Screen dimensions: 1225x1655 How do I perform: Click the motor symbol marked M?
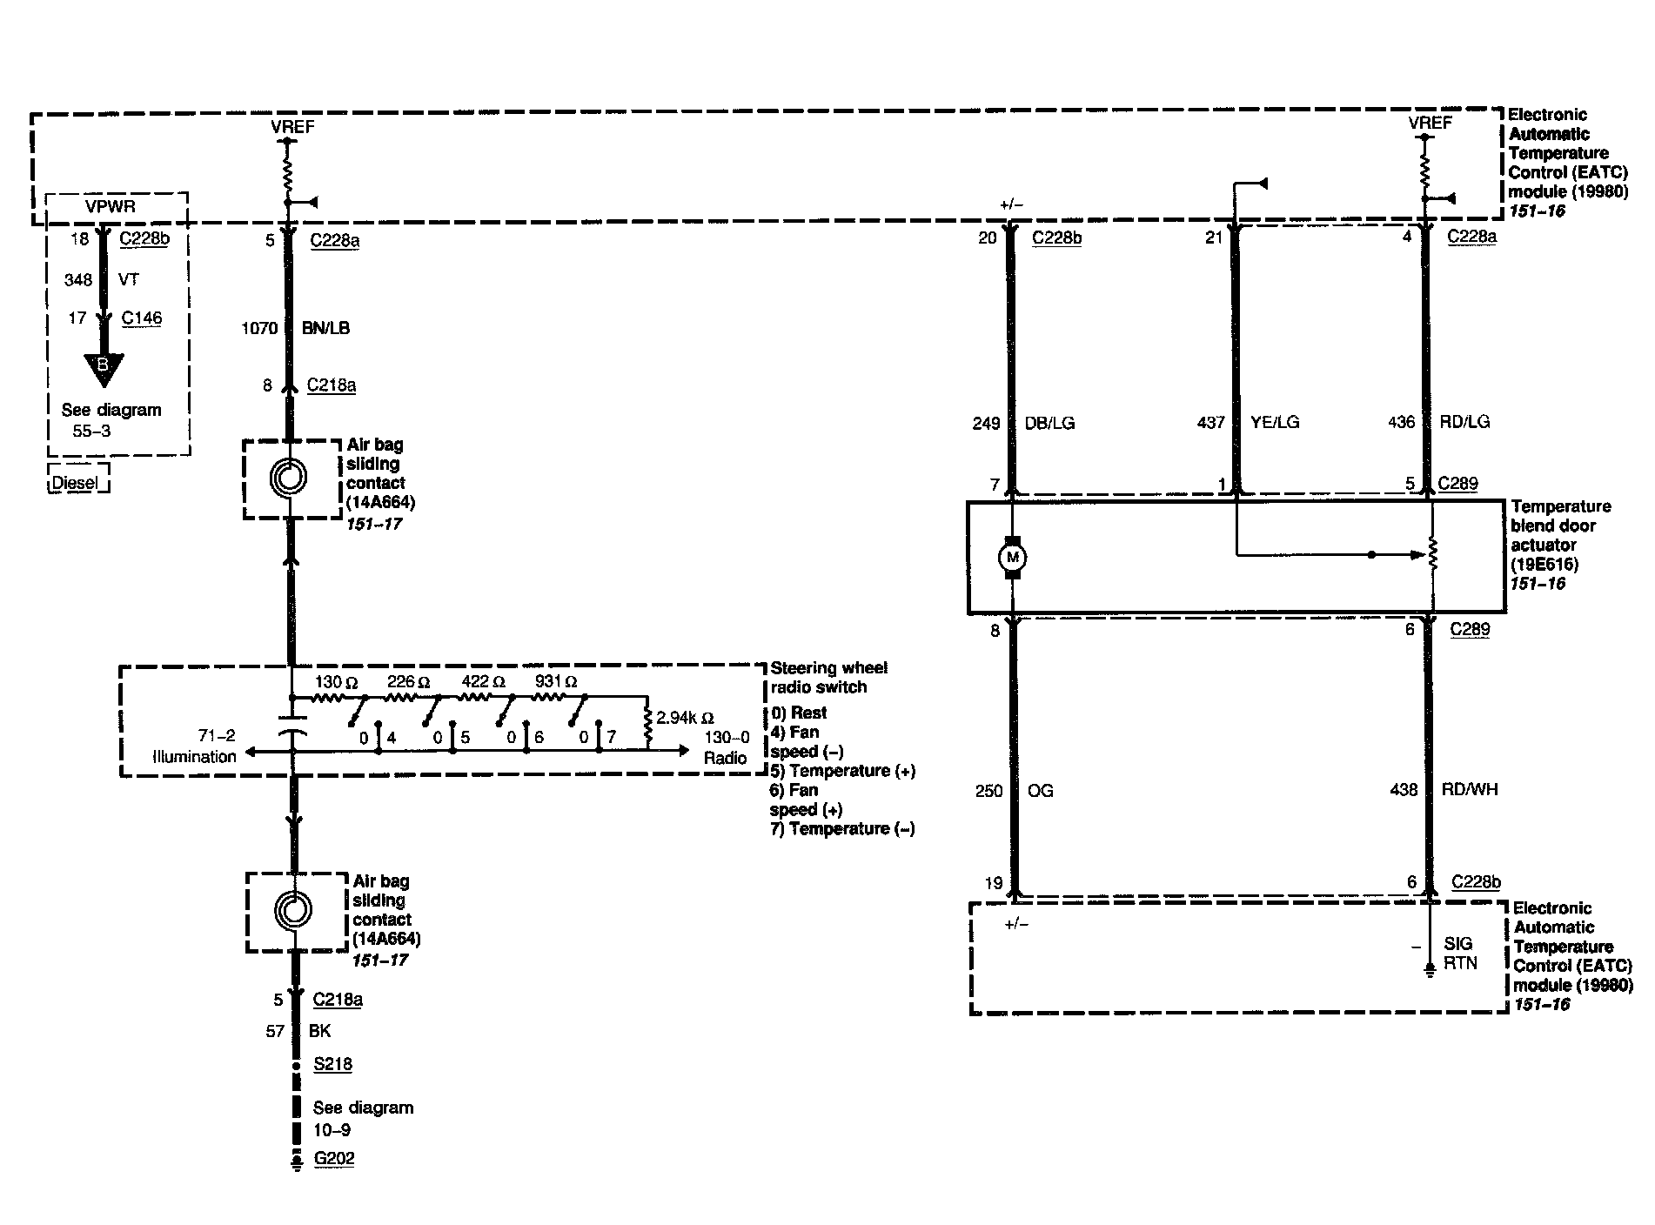tap(1012, 558)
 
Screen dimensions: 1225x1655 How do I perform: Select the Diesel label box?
tap(77, 481)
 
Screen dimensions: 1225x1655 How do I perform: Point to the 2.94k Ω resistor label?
tap(685, 718)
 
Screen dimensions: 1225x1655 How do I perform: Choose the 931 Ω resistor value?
tap(556, 682)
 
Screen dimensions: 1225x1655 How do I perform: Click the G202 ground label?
tap(334, 1158)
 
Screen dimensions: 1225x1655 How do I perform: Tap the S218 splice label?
tap(332, 1064)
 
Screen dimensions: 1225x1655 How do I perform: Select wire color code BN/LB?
tap(326, 328)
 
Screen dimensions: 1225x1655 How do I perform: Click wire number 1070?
tap(259, 328)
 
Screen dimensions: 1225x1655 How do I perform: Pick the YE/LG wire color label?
tap(1275, 423)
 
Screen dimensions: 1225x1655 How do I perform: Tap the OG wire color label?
tap(1041, 791)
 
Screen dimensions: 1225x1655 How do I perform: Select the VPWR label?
tap(111, 207)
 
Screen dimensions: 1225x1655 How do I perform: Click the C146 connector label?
tap(142, 318)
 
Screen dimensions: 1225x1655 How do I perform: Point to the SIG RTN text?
tap(1459, 954)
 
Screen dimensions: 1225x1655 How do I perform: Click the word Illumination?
tap(194, 756)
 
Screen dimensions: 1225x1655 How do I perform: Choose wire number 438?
tap(1404, 790)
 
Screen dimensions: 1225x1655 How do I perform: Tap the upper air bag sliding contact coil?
tap(289, 478)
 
